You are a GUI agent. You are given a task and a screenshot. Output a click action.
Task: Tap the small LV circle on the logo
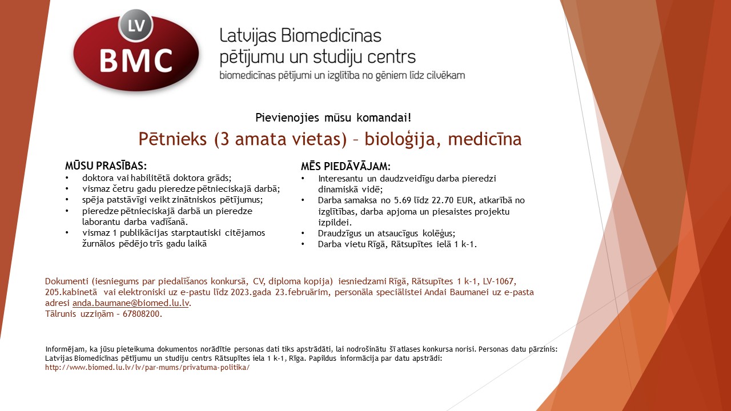[x=135, y=26]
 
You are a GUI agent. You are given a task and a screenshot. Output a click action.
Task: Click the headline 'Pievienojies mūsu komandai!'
[x=333, y=118]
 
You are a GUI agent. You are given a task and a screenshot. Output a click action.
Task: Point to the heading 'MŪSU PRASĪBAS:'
[x=106, y=166]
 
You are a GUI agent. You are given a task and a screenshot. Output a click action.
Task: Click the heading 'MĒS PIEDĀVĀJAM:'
[x=346, y=167]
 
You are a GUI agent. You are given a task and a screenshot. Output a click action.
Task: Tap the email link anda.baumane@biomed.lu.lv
[x=131, y=303]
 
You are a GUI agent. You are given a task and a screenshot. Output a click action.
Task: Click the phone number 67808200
[x=142, y=314]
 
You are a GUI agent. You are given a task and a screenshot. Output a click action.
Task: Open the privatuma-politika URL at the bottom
[x=147, y=368]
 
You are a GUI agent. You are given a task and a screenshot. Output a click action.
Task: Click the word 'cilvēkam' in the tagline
[x=445, y=75]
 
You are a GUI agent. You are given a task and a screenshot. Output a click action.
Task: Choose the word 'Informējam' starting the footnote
[x=63, y=349]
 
